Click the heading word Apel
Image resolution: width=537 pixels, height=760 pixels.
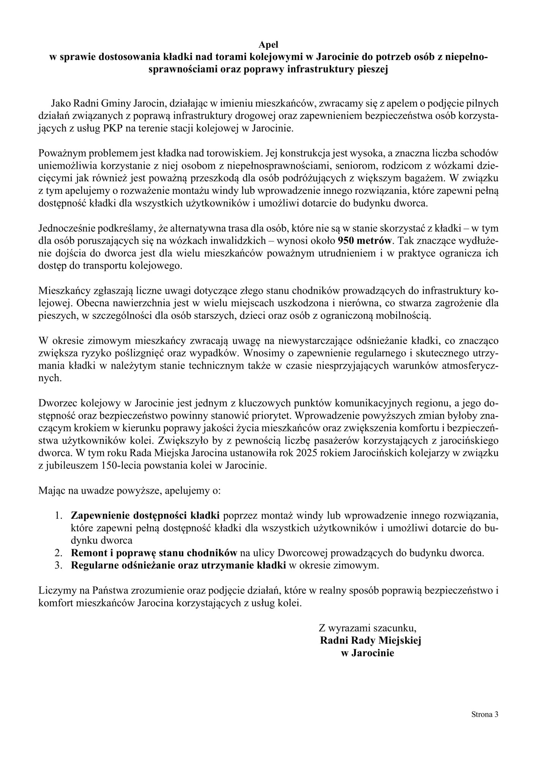(x=268, y=45)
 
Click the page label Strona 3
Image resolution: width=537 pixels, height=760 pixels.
(x=484, y=714)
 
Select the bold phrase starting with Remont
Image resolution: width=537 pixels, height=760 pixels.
(x=154, y=553)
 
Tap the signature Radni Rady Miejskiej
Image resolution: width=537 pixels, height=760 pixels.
(x=371, y=640)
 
